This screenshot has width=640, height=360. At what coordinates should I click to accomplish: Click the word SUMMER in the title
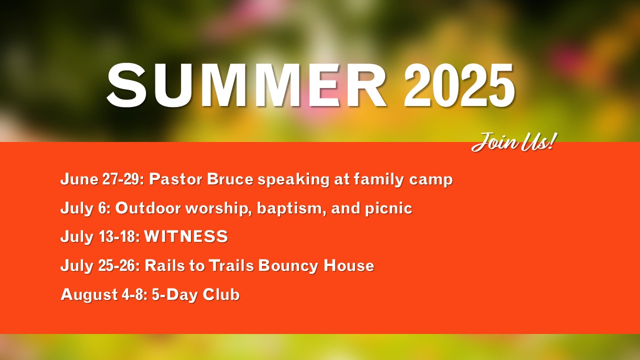[x=247, y=85]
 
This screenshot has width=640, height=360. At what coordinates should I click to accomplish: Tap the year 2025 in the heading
[x=459, y=85]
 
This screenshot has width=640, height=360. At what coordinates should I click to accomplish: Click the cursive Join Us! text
[x=514, y=142]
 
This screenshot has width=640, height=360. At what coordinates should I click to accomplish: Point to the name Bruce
[x=230, y=179]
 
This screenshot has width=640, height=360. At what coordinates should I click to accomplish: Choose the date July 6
[x=85, y=208]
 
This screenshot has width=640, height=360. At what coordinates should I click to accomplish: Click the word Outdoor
[x=148, y=207]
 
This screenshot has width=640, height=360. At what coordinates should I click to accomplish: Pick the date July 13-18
[x=100, y=237]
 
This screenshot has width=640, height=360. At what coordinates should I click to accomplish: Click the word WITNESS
[x=186, y=236]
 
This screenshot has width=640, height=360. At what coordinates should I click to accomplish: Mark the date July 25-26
[x=100, y=265]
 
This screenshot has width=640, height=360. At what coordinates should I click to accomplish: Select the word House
[x=349, y=265]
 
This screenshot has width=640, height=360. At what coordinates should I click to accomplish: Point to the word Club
[x=221, y=294]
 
